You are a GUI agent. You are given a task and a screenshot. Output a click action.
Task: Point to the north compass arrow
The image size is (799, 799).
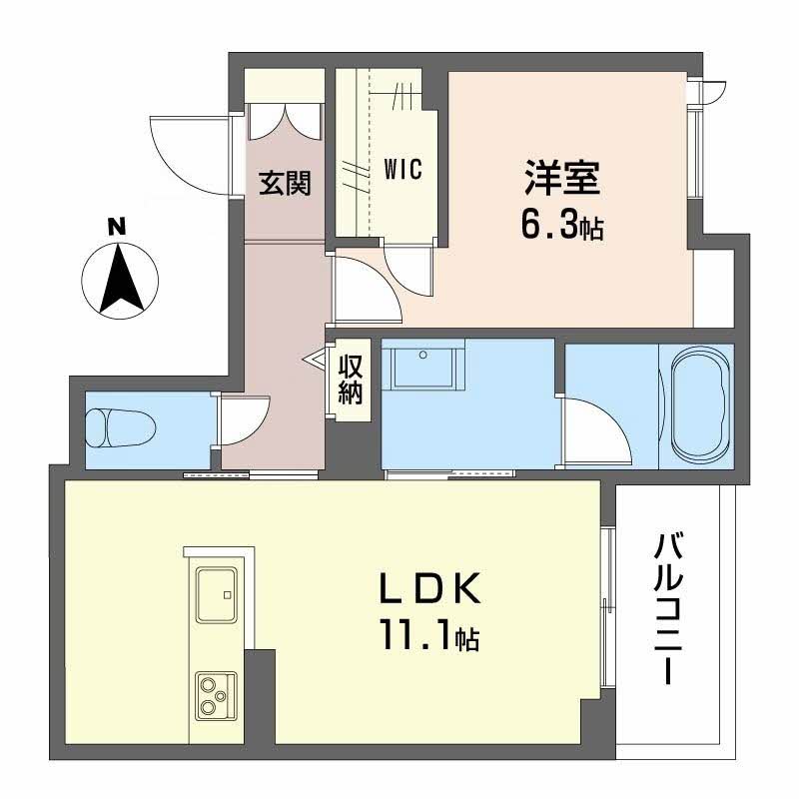(x=121, y=279)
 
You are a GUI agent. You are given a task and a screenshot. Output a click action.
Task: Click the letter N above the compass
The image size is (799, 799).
(x=118, y=227)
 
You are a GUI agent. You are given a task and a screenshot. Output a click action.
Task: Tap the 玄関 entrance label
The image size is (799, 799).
(x=285, y=184)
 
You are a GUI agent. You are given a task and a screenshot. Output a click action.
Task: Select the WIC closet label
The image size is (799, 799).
(x=402, y=170)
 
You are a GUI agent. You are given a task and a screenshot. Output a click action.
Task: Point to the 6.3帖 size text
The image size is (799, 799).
(x=561, y=227)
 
